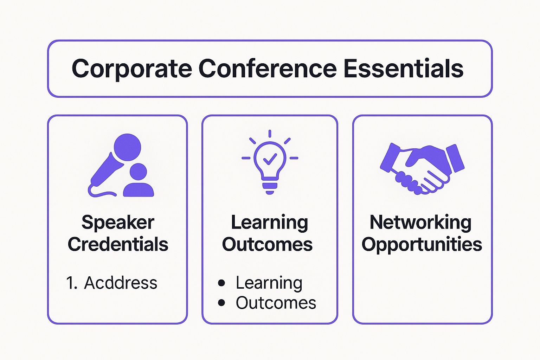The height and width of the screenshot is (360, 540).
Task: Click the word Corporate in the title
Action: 132,69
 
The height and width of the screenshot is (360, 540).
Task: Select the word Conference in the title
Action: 268,69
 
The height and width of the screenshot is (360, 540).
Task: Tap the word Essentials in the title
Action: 403,69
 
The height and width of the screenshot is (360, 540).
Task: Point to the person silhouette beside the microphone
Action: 139,181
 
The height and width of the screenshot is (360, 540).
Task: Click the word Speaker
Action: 118,222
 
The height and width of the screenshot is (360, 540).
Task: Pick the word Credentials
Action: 118,244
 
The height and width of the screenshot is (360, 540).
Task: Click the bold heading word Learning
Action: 269,222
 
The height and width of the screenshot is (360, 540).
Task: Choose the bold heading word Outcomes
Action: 267,244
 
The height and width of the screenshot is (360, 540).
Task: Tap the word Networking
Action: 420,222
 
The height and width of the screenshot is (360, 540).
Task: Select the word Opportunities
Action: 422,244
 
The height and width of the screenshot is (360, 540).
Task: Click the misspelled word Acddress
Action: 121,283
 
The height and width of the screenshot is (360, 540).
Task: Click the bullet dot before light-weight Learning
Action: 221,283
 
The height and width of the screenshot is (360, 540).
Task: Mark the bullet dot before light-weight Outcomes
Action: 221,303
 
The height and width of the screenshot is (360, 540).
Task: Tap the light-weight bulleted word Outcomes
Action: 276,303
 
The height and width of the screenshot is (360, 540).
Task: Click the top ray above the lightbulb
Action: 270,134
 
